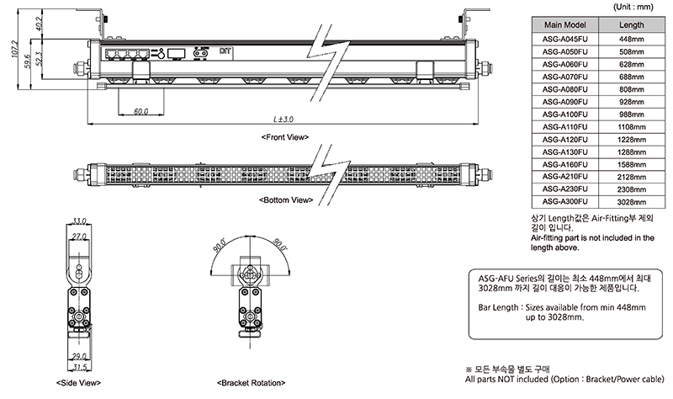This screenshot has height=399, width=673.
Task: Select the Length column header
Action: [x=631, y=25]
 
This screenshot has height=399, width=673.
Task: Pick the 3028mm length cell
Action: [x=631, y=203]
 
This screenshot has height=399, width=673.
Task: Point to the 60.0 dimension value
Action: [x=140, y=110]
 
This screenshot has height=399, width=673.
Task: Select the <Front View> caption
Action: [x=285, y=136]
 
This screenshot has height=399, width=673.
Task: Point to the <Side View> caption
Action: [x=78, y=382]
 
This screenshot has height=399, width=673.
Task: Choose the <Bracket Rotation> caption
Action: [x=252, y=382]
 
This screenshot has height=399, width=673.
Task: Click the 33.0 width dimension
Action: [x=81, y=221]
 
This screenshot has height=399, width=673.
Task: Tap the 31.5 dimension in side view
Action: [x=81, y=367]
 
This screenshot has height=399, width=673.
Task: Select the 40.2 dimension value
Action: [x=39, y=21]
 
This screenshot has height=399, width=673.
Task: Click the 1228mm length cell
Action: [x=631, y=140]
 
